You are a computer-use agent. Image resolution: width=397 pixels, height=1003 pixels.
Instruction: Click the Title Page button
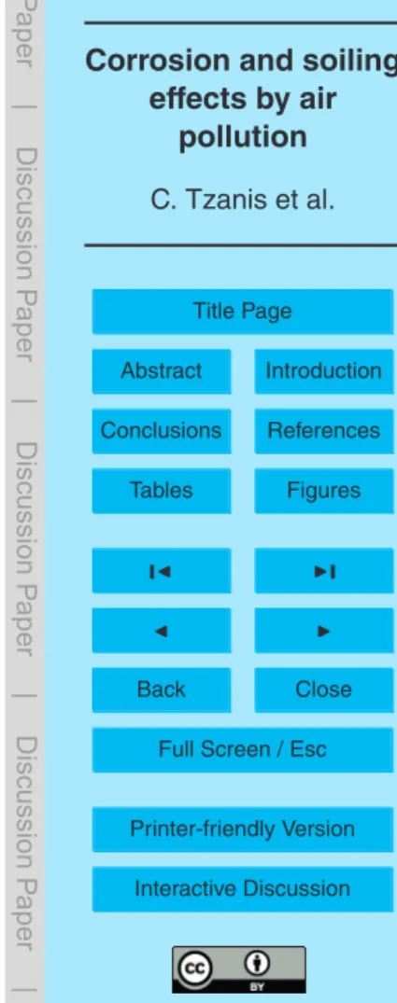coord(243,312)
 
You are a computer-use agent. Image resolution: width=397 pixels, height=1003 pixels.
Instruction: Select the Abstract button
coord(162,371)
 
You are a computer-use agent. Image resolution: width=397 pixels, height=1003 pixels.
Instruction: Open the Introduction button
coord(324,371)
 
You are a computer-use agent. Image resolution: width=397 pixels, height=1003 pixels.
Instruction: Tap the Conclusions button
coord(162,430)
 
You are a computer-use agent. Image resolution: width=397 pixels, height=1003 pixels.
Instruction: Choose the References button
coord(324,430)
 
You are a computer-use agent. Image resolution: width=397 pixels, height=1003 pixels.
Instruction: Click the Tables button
coord(162,491)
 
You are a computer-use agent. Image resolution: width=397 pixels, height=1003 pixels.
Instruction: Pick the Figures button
coord(324,491)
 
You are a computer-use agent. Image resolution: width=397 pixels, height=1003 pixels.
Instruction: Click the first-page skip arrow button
coord(162,571)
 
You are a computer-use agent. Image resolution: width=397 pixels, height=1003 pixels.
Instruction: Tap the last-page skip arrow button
coord(324,571)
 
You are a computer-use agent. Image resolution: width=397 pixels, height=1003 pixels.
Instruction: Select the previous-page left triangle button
coord(162,630)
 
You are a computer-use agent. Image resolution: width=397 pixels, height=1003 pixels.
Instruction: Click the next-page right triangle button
coord(324,630)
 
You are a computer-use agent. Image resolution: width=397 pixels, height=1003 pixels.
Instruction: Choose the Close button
coord(324,690)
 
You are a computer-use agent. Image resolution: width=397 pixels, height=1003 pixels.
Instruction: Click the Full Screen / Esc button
coord(243,750)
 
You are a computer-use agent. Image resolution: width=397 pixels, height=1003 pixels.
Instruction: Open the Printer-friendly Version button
coord(243,829)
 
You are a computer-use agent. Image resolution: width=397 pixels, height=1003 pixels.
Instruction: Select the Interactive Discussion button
coord(243,889)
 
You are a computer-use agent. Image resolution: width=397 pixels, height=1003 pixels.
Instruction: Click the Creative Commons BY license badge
coord(239,969)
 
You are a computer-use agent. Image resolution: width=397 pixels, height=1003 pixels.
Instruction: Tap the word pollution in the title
coord(243,137)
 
